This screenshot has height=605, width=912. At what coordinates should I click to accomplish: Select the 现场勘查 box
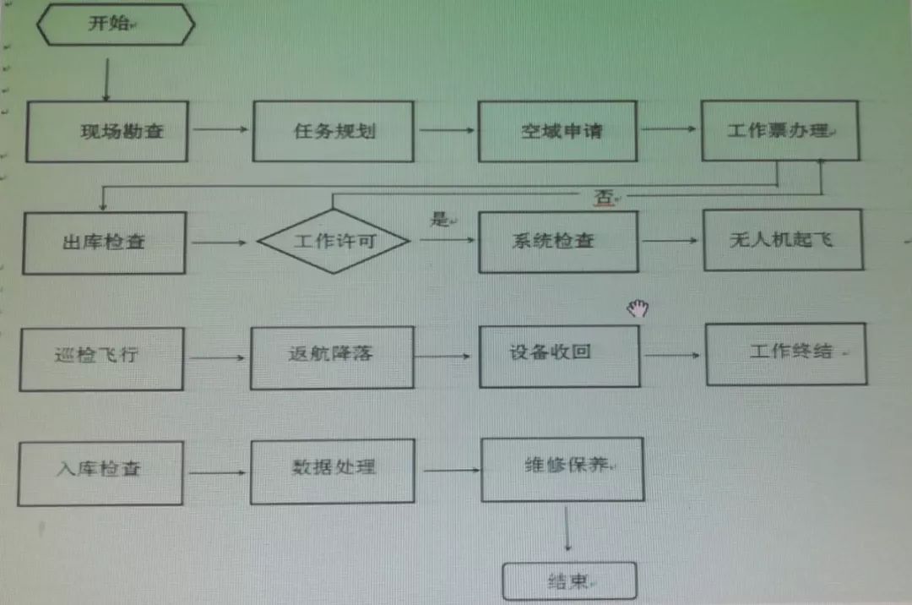pyautogui.click(x=107, y=131)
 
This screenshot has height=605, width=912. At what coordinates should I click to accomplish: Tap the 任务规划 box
pyautogui.click(x=334, y=131)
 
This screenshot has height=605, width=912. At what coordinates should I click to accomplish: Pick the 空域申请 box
pyautogui.click(x=557, y=131)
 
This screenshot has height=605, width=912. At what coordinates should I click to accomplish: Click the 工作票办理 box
pyautogui.click(x=780, y=130)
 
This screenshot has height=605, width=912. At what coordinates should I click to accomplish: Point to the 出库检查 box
pyautogui.click(x=104, y=243)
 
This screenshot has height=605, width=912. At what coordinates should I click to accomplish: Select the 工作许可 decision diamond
pyautogui.click(x=334, y=241)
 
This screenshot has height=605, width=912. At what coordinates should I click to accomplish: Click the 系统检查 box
pyautogui.click(x=558, y=241)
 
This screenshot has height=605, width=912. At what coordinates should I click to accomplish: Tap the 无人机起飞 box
pyautogui.click(x=783, y=240)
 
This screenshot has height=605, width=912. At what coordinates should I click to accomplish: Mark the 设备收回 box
pyautogui.click(x=559, y=356)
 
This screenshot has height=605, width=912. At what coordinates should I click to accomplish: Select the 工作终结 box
pyautogui.click(x=786, y=353)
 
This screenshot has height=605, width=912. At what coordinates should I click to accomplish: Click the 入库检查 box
pyautogui.click(x=100, y=473)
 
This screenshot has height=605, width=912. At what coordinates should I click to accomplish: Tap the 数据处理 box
pyautogui.click(x=333, y=471)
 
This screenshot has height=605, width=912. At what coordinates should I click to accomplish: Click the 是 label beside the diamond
pyautogui.click(x=439, y=220)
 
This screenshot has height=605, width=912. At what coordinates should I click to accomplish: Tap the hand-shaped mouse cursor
pyautogui.click(x=637, y=308)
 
